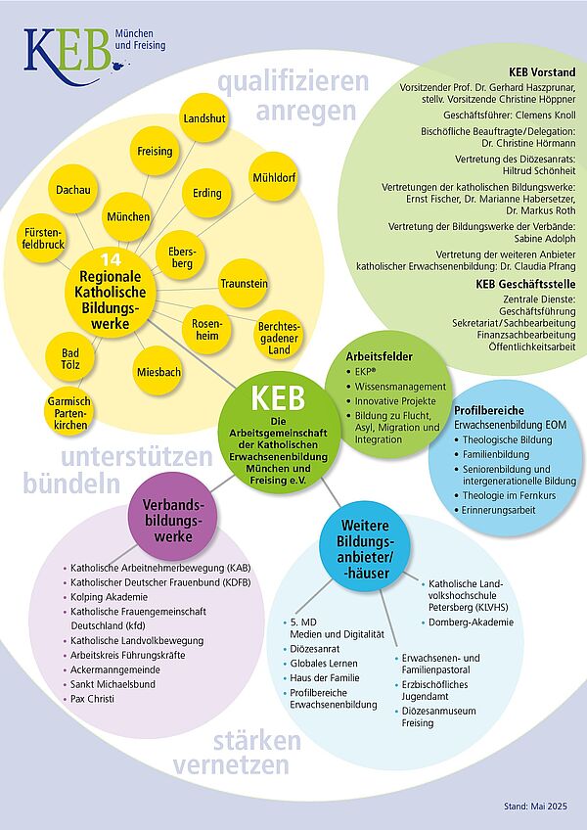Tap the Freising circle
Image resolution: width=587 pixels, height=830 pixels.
pyautogui.click(x=155, y=152)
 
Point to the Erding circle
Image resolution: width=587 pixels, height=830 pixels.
pyautogui.click(x=206, y=193)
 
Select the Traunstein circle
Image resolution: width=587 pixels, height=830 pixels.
pyautogui.click(x=244, y=283)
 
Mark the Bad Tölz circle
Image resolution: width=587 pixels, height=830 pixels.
pyautogui.click(x=71, y=359)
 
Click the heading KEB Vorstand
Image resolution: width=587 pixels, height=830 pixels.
pyautogui.click(x=542, y=73)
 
